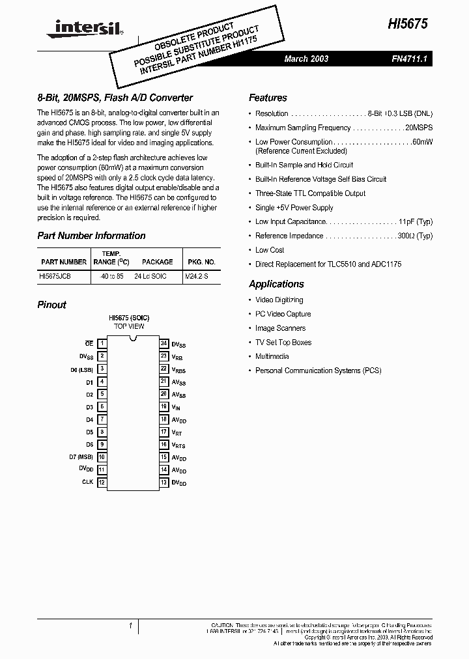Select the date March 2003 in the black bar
click(306, 59)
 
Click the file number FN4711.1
click(408, 59)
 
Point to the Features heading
click(268, 98)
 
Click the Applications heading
click(276, 284)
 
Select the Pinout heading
click(51, 305)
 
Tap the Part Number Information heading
click(91, 236)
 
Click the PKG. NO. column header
click(201, 262)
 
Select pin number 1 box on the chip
click(102, 343)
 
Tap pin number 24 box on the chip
click(163, 343)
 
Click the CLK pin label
click(87, 483)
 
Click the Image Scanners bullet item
click(280, 328)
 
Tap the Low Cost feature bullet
click(270, 250)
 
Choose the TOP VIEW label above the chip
click(129, 326)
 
